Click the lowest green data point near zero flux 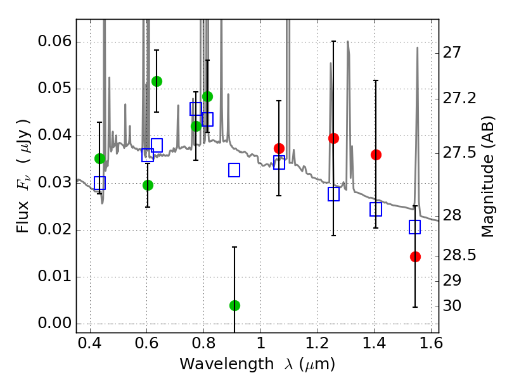[234, 305]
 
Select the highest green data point [157, 81]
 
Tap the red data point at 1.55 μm [415, 256]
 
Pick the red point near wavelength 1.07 [279, 148]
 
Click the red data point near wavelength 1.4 [376, 155]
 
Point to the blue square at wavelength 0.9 [234, 170]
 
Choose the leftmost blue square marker [99, 183]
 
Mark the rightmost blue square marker [415, 227]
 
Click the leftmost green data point [99, 158]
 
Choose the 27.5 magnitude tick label [461, 154]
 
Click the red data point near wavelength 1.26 [333, 138]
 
